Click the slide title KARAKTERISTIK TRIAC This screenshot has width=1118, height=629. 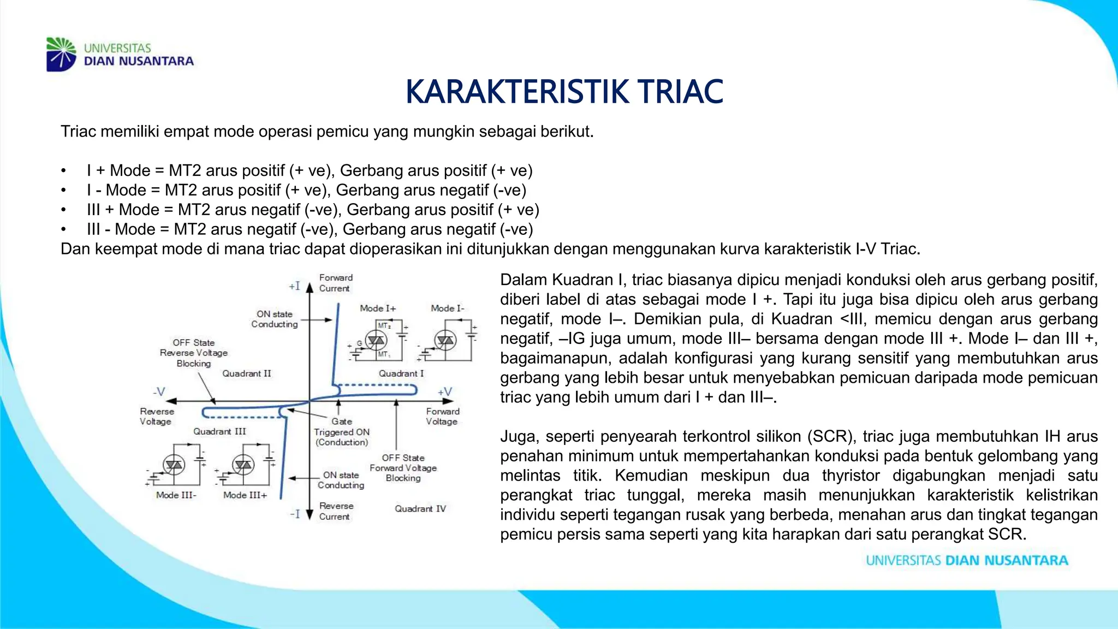[564, 92]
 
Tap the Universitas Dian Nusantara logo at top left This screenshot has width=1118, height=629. [120, 54]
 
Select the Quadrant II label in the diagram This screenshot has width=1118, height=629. [246, 373]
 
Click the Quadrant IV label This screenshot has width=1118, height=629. [420, 508]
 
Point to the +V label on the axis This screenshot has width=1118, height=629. [445, 391]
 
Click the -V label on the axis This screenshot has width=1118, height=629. [159, 391]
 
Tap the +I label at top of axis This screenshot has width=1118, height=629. [295, 286]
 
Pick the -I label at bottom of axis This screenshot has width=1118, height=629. [295, 514]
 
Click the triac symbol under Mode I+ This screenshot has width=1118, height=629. [376, 341]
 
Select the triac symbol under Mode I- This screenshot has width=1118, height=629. [445, 341]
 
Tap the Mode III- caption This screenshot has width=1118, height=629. [176, 495]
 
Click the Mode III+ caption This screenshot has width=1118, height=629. [245, 495]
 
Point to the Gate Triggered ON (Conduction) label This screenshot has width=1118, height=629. [342, 431]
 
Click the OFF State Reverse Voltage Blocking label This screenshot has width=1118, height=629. [194, 353]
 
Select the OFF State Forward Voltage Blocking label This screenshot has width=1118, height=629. [403, 468]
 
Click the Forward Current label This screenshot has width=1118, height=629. [336, 283]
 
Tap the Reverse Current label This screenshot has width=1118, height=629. [336, 511]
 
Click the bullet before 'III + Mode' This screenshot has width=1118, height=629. [64, 210]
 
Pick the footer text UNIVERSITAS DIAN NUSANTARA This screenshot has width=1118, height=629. [967, 560]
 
